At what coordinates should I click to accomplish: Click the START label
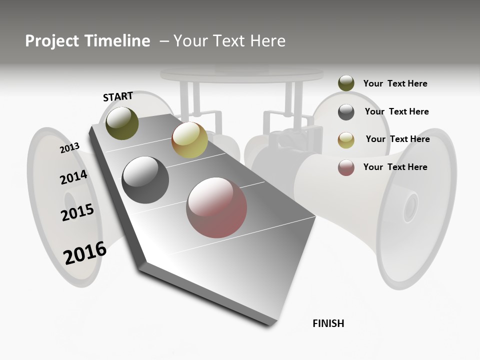point(118,96)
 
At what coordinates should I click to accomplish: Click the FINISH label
point(328,323)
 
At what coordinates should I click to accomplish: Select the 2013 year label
point(69,148)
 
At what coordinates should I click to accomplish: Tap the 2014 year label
point(73,177)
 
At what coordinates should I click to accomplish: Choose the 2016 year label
point(85,253)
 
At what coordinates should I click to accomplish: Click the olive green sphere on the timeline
point(122,123)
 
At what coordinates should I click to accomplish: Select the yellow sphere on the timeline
point(189,140)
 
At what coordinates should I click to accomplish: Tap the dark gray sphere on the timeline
point(145,180)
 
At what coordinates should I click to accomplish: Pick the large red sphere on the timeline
point(216,207)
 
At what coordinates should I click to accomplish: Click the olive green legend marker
point(346,83)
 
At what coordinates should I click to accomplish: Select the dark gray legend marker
point(346,112)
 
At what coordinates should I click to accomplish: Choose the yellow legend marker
point(346,140)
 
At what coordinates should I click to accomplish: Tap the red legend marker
point(346,167)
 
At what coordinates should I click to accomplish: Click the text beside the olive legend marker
point(395,83)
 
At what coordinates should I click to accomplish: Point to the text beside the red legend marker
point(395,167)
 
